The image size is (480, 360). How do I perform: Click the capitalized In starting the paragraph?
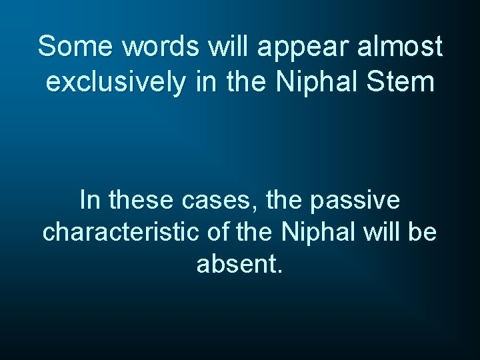coord(87,199)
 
